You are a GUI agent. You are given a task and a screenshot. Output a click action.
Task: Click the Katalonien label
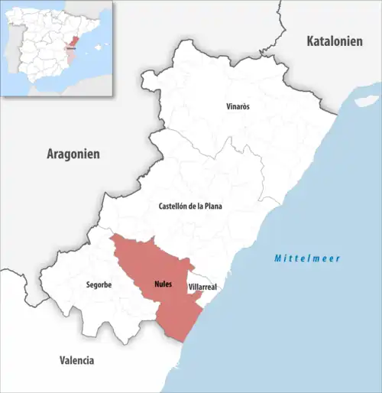click(x=334, y=41)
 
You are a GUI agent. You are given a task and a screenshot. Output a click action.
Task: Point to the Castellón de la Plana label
click(x=190, y=206)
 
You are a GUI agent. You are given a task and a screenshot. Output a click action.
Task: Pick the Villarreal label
click(x=202, y=287)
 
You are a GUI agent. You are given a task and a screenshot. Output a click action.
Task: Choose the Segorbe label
click(x=99, y=285)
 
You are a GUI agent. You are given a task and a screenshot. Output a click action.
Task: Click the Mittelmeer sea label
click(x=308, y=258)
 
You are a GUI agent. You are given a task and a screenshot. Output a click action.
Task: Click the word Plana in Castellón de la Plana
click(x=212, y=206)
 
